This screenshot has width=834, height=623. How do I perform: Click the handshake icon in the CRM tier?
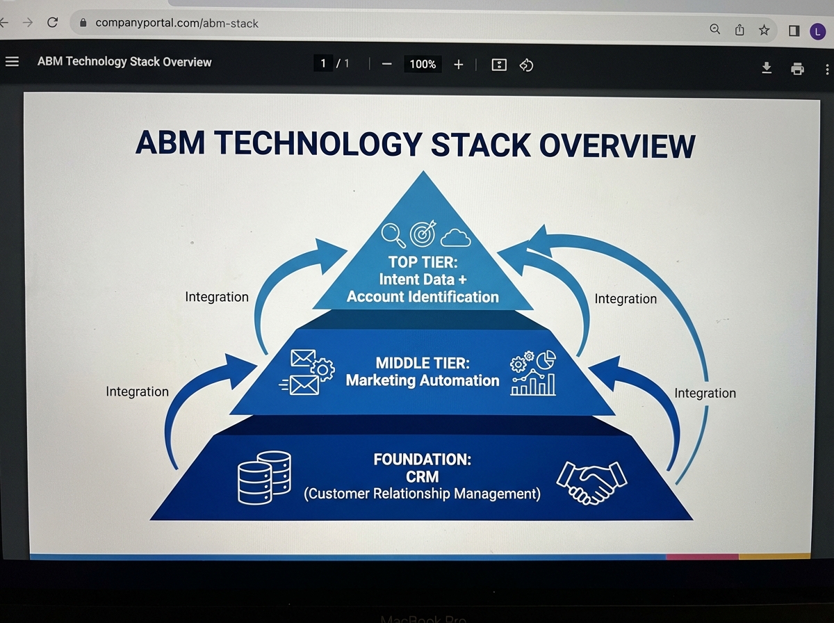pyautogui.click(x=591, y=481)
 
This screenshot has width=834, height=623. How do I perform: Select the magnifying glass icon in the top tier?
pyautogui.click(x=394, y=235)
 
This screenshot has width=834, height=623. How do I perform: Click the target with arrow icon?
pyautogui.click(x=423, y=234)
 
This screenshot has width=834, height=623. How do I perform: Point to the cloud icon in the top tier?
pyautogui.click(x=455, y=237)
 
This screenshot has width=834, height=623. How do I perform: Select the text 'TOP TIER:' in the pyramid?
pyautogui.click(x=423, y=262)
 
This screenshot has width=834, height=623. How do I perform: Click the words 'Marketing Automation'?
pyautogui.click(x=423, y=380)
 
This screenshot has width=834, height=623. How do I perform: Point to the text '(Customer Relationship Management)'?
pyautogui.click(x=422, y=494)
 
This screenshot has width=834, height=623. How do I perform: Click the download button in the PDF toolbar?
pyautogui.click(x=767, y=67)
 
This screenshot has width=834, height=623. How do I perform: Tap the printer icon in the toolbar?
pyautogui.click(x=797, y=68)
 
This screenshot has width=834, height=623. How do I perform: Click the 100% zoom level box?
pyautogui.click(x=423, y=65)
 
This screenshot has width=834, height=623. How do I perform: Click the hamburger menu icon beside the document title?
pyautogui.click(x=12, y=62)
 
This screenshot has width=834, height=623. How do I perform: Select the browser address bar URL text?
pyautogui.click(x=177, y=23)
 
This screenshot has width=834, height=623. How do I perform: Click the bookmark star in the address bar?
pyautogui.click(x=764, y=29)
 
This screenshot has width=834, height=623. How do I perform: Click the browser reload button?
pyautogui.click(x=52, y=22)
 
